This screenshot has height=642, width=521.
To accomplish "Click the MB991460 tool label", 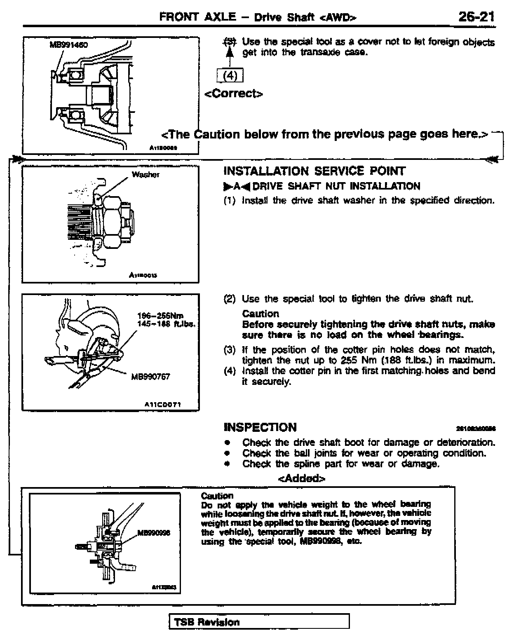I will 69,45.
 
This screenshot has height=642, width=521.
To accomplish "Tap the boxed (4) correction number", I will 230,76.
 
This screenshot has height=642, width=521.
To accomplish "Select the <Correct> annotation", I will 234,94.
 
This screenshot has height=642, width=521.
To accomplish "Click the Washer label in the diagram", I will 146,175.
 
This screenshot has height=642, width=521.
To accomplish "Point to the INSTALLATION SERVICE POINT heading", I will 314,171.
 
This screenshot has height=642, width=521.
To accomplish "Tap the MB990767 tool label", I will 150,376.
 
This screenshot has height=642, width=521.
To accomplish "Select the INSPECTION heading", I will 260,427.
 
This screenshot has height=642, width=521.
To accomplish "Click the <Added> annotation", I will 302,478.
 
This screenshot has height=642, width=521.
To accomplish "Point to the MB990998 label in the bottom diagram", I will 153,533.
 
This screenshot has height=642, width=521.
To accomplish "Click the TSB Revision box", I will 259,622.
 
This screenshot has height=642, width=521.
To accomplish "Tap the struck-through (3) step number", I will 230,42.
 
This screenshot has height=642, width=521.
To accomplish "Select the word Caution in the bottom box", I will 217,496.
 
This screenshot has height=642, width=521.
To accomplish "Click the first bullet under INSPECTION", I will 227,443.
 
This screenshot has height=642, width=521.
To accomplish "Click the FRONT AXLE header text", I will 197,17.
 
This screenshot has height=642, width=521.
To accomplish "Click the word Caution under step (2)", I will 260,314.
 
